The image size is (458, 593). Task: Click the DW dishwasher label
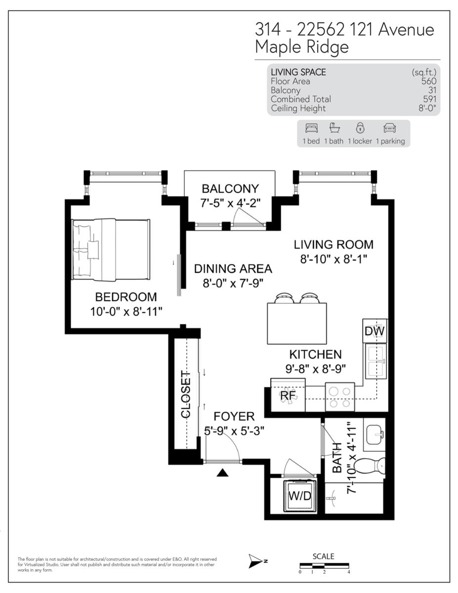tap(375, 331)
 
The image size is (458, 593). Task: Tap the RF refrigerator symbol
tap(288, 396)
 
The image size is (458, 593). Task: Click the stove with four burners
tap(340, 397)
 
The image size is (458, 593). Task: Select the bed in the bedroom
tap(111, 250)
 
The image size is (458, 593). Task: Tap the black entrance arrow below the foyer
tap(223, 473)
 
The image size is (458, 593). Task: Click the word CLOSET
tap(186, 394)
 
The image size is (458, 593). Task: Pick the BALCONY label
tap(230, 189)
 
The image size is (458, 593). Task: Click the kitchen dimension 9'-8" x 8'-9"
tap(315, 368)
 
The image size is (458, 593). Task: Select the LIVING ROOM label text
tap(333, 245)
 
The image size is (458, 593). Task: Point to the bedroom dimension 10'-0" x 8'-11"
tap(126, 311)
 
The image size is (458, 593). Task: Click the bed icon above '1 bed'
tap(311, 128)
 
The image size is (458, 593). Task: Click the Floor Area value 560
tap(428, 82)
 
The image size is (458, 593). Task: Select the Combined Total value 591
tap(428, 99)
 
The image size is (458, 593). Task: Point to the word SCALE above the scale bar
tap(323, 556)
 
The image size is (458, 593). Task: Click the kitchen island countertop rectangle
tap(297, 324)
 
